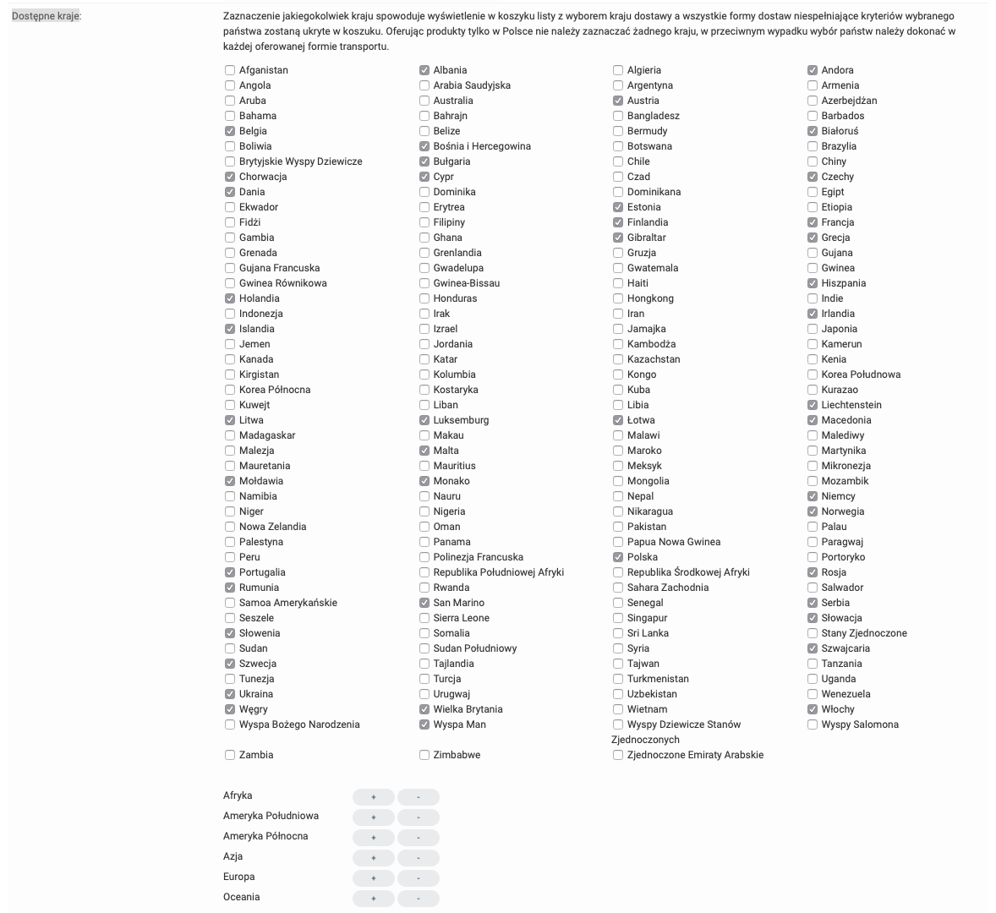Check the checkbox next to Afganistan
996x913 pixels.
[x=230, y=70]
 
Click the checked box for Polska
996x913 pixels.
[x=618, y=557]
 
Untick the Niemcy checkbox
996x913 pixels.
[x=813, y=496]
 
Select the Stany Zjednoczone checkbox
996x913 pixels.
[x=813, y=633]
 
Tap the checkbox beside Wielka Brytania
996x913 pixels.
[x=424, y=709]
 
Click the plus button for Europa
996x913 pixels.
[x=374, y=877]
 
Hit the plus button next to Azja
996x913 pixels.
[x=374, y=857]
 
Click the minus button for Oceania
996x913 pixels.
[x=419, y=898]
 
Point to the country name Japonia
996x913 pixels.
[x=839, y=329]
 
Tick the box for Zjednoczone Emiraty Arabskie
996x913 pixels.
[x=618, y=755]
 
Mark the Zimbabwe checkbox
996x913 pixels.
[x=424, y=755]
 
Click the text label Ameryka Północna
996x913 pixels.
[x=265, y=836]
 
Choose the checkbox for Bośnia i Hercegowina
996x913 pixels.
[x=424, y=146]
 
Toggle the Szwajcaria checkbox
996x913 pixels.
[x=813, y=648]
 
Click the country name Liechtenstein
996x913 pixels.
[x=851, y=405]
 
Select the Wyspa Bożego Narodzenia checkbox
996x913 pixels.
[x=230, y=724]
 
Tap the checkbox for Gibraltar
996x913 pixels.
[x=618, y=238]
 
